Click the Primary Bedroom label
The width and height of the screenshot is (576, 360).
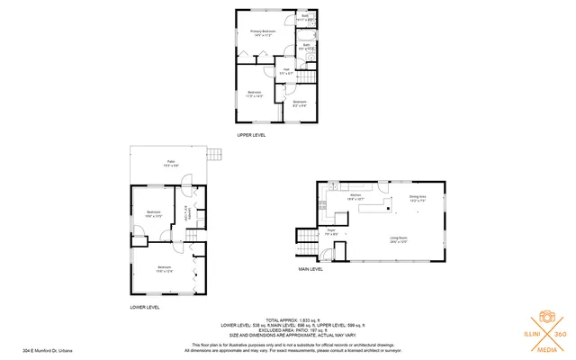(x=262, y=33)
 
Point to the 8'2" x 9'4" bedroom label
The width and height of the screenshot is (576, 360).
(x=300, y=103)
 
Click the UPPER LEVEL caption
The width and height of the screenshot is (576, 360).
(x=251, y=135)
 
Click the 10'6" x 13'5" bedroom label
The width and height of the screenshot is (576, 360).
(x=153, y=214)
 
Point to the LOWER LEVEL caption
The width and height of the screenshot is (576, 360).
(x=145, y=307)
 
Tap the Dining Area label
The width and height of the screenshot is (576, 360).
(x=417, y=198)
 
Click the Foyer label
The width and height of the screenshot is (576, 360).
(x=331, y=232)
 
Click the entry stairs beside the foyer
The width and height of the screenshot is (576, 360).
(x=306, y=242)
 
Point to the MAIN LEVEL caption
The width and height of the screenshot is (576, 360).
(x=310, y=268)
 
